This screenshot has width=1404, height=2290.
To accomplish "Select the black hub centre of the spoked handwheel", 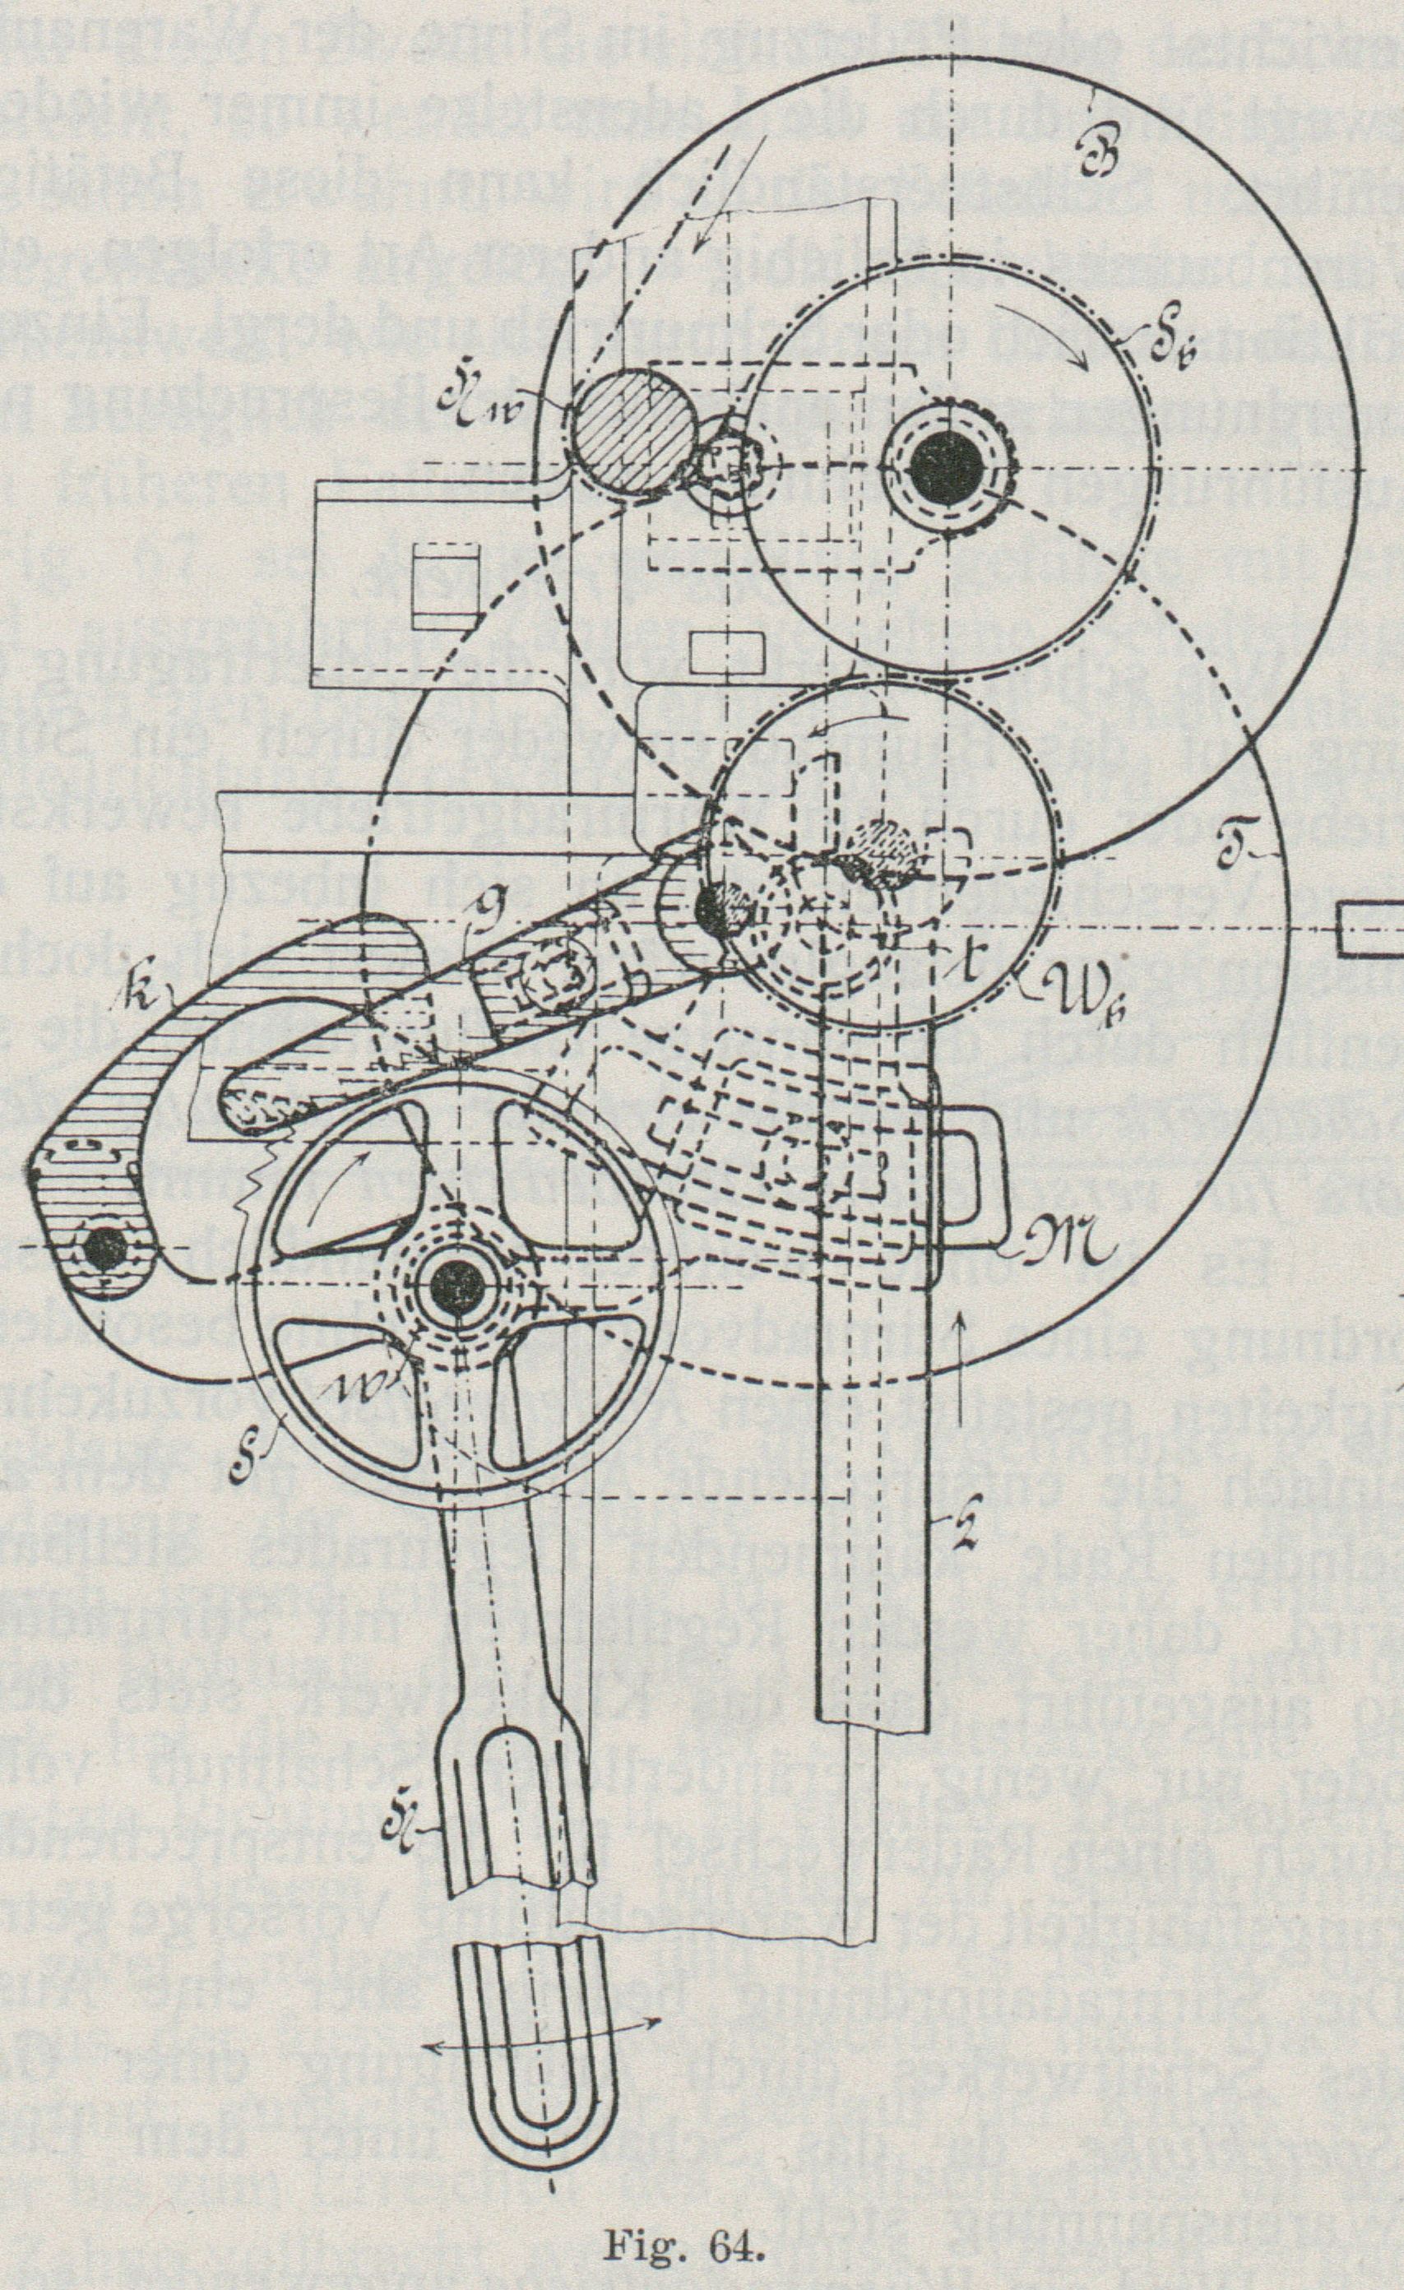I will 458,1286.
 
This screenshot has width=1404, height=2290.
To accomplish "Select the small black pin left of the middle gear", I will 721,909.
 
